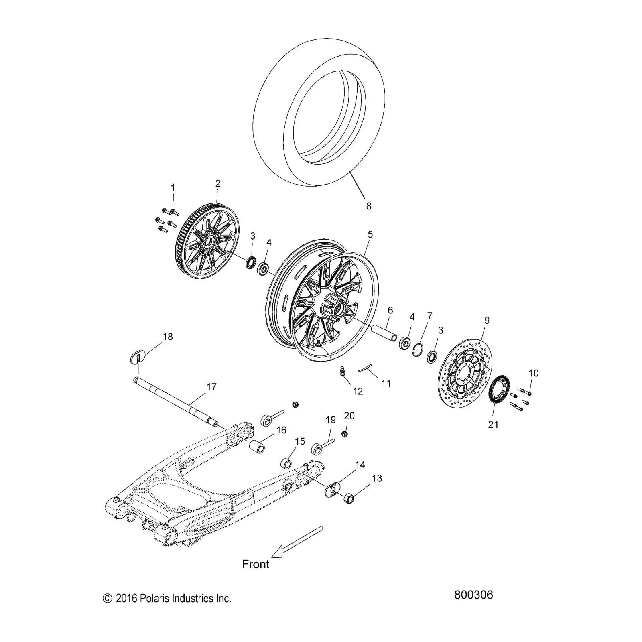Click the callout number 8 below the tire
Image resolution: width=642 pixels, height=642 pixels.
coord(368,206)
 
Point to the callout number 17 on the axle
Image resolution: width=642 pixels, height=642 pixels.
coord(211,387)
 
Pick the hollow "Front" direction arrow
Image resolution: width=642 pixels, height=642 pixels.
coord(297,541)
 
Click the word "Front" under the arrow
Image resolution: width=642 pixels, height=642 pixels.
coord(256,564)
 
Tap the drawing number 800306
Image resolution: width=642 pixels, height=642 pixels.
coord(473,594)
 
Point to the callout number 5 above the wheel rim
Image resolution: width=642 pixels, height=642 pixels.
coord(370,234)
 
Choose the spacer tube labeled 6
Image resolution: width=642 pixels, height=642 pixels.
coord(383,333)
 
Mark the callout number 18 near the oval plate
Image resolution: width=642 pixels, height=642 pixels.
coord(168,337)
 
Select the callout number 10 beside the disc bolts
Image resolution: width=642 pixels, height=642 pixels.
coord(533,373)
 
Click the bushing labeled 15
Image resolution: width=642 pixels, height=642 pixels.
coord(286,463)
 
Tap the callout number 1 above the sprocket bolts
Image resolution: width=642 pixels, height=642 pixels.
coord(173,187)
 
